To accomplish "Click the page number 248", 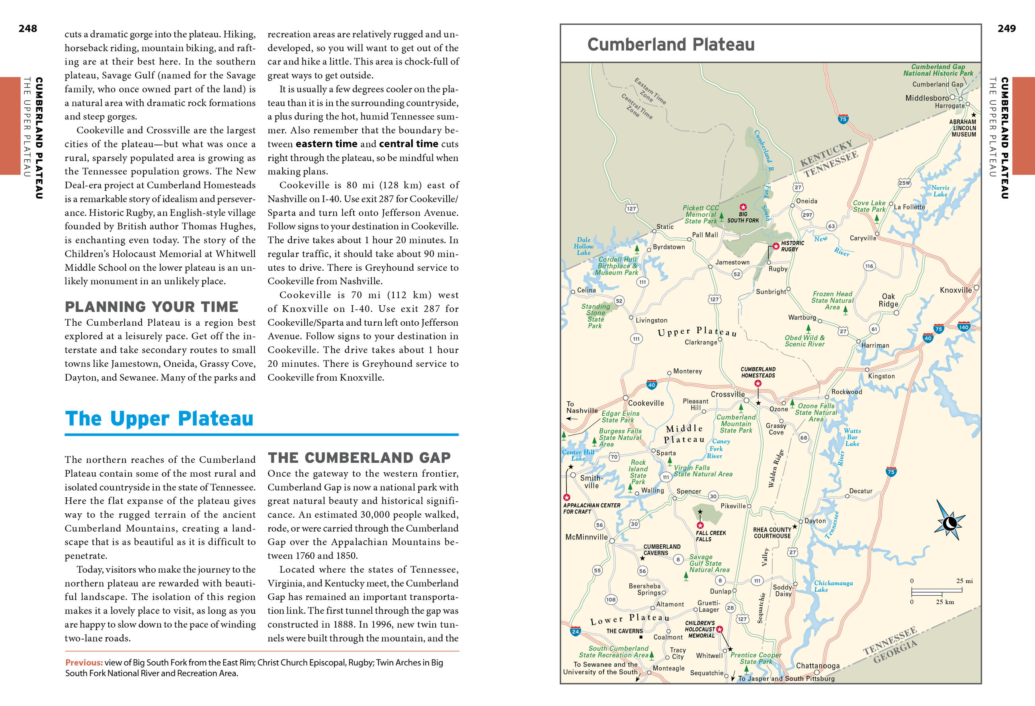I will (x=27, y=29).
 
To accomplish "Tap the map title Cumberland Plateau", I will (x=671, y=45).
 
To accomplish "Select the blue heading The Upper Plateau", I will (x=159, y=419).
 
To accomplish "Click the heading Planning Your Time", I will (x=151, y=307).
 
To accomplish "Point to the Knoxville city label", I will (x=956, y=290).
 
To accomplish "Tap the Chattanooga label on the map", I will (x=818, y=665).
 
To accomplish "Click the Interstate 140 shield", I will (x=964, y=327).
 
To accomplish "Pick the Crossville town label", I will (x=728, y=394).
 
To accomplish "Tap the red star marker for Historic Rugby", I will (x=776, y=246).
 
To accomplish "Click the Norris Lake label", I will (x=940, y=191).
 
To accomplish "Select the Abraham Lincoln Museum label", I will (x=963, y=128).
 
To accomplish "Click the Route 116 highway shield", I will (x=869, y=266).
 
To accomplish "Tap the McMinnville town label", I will (x=586, y=537).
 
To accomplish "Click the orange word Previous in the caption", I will (x=84, y=663).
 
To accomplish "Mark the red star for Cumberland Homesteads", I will (x=758, y=383).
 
